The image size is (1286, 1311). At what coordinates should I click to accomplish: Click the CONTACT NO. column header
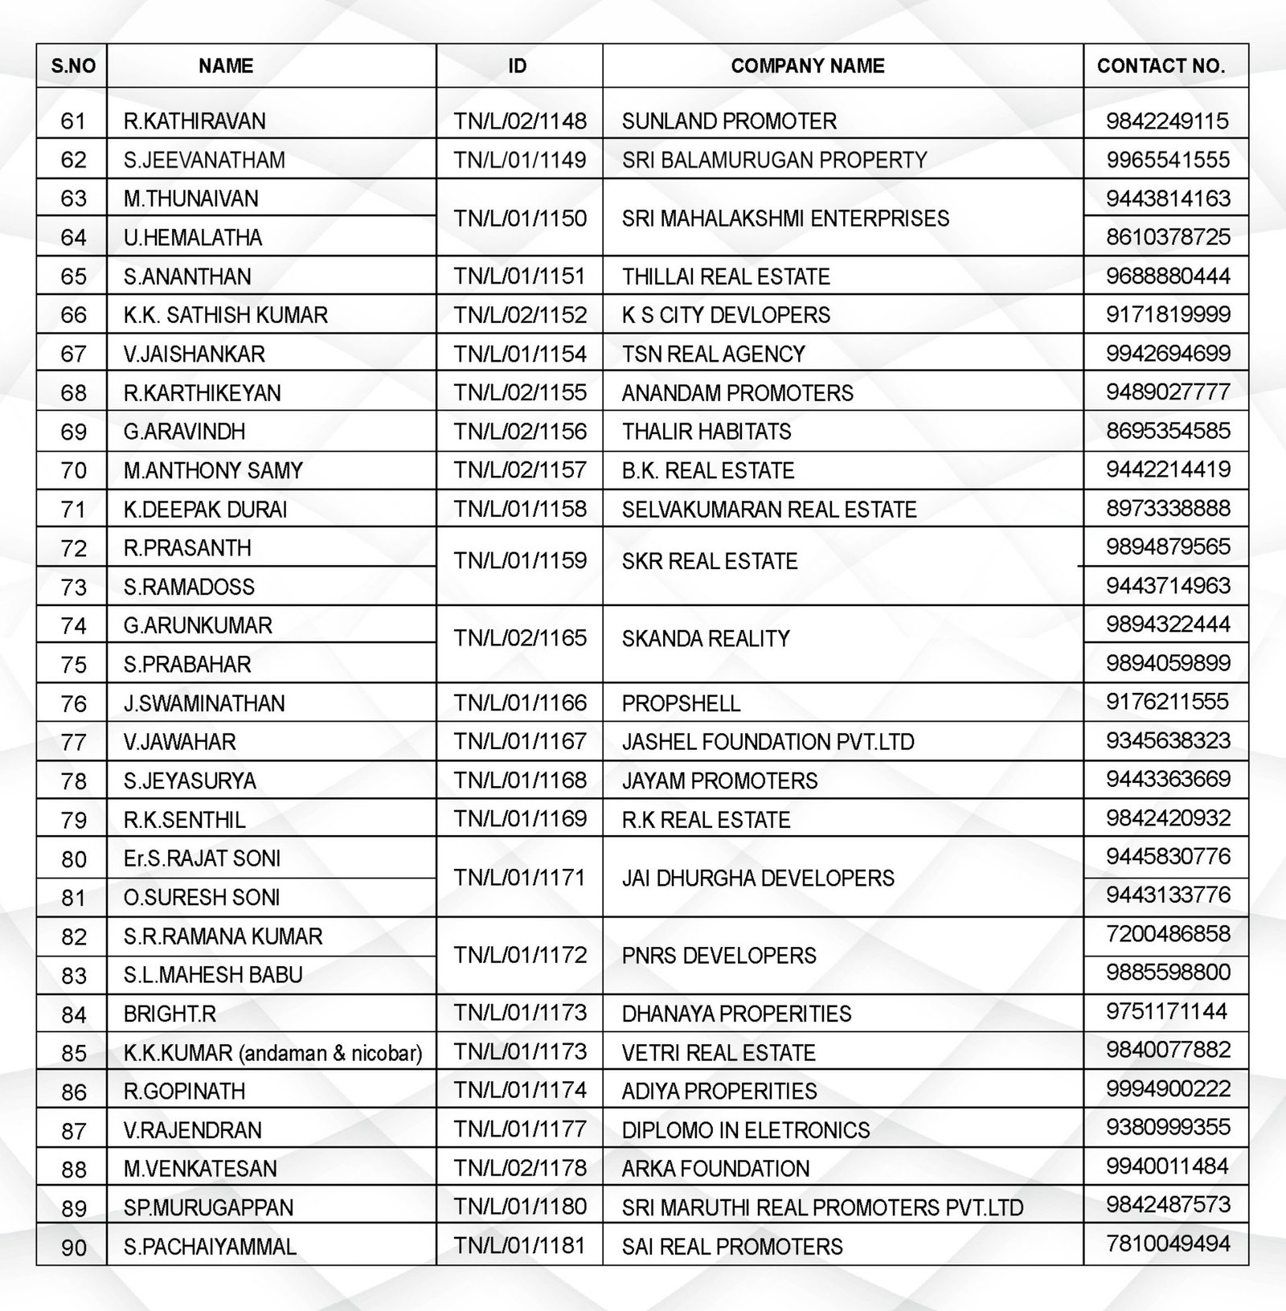point(1161,66)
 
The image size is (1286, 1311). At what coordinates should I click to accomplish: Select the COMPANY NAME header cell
point(807,66)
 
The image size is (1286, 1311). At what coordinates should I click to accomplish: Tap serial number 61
point(73,121)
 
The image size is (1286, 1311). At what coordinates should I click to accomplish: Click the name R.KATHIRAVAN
point(195,121)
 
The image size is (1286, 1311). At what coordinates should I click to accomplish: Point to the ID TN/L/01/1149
point(520,160)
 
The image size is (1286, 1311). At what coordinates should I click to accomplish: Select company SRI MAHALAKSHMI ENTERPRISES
point(785,218)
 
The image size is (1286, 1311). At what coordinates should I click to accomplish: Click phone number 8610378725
point(1168,237)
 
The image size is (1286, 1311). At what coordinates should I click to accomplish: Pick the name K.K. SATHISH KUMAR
point(226,315)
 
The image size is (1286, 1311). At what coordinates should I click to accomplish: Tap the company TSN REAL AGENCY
point(713,354)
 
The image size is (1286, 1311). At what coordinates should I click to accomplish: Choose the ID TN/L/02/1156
point(520,432)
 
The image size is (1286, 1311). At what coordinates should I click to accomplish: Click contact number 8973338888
point(1168,509)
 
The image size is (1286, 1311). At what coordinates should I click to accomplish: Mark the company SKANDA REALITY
point(706,639)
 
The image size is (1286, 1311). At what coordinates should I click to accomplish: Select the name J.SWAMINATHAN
point(204,703)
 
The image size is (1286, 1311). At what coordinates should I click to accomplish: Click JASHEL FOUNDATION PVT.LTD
point(768,742)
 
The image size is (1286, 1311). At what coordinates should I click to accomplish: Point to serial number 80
point(73,859)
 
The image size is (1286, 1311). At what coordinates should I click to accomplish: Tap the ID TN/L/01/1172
point(520,955)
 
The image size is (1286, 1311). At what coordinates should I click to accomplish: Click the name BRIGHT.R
point(170,1014)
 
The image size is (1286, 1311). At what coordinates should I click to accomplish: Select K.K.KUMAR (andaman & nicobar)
point(272,1053)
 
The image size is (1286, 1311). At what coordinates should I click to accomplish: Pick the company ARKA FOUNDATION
point(715,1169)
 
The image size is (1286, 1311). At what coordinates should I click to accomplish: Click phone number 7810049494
point(1168,1244)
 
